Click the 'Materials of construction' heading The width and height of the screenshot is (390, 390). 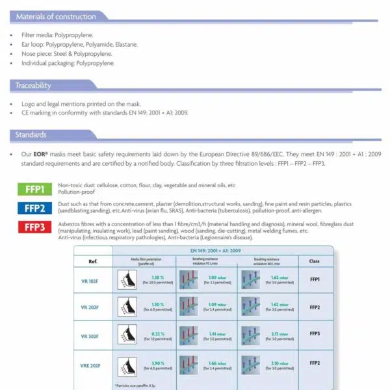coord(55,17)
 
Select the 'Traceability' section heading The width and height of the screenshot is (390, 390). coord(33,85)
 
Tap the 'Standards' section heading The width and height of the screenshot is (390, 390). coord(31,135)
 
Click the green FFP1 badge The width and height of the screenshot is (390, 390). coord(34,190)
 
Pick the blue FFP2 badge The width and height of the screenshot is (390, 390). coord(34,208)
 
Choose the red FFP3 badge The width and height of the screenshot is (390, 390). coord(34,227)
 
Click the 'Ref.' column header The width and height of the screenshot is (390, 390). coord(92,261)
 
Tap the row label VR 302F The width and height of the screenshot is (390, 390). coord(90,336)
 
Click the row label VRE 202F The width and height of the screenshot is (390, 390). coord(90,366)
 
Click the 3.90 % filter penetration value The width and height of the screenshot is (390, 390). coord(157,363)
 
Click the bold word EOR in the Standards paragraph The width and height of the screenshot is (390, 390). coord(41,154)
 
